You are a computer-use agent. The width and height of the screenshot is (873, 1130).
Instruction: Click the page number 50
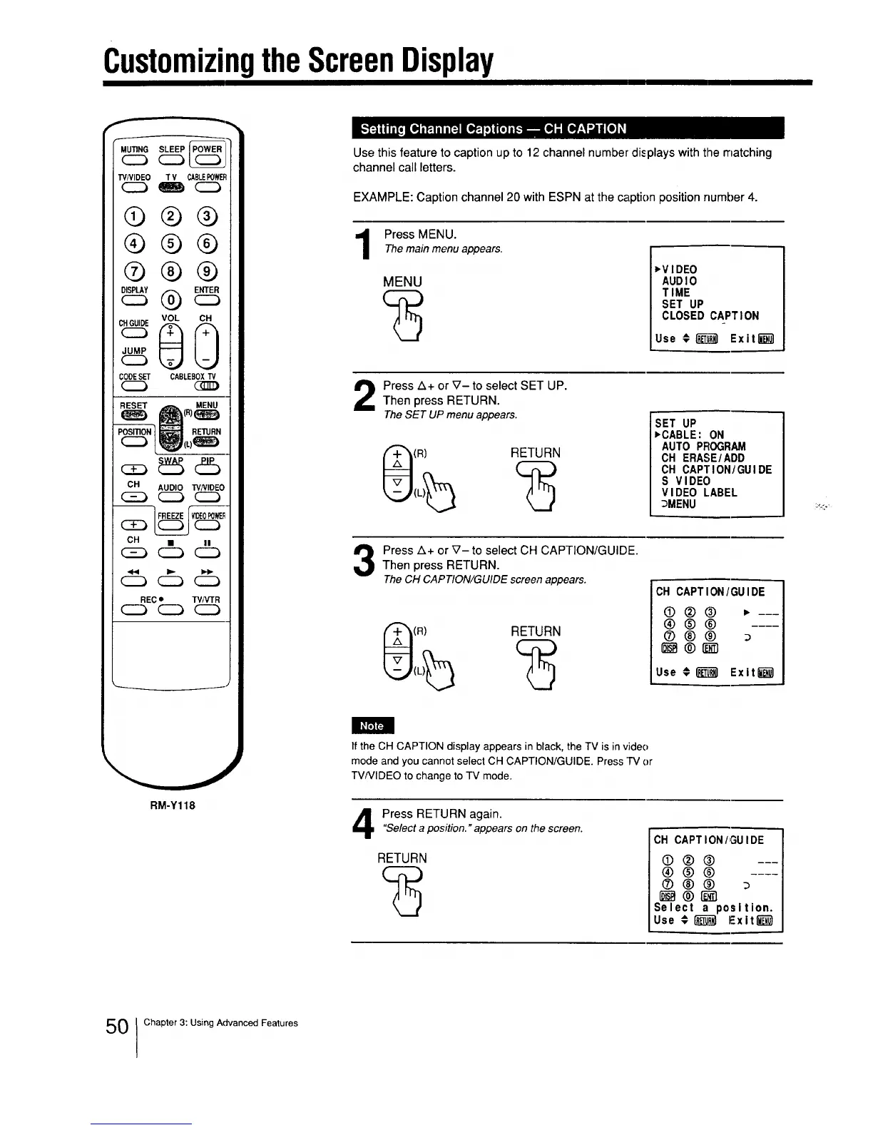(116, 1027)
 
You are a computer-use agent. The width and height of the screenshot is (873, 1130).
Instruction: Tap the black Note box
(372, 726)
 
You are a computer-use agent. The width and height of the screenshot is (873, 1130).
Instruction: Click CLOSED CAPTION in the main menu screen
(710, 315)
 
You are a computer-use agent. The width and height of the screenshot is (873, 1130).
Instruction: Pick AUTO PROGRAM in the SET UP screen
(703, 447)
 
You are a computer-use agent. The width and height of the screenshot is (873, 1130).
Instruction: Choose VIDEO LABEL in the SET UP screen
(699, 492)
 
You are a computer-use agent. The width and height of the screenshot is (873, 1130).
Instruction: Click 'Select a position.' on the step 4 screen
(713, 908)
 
